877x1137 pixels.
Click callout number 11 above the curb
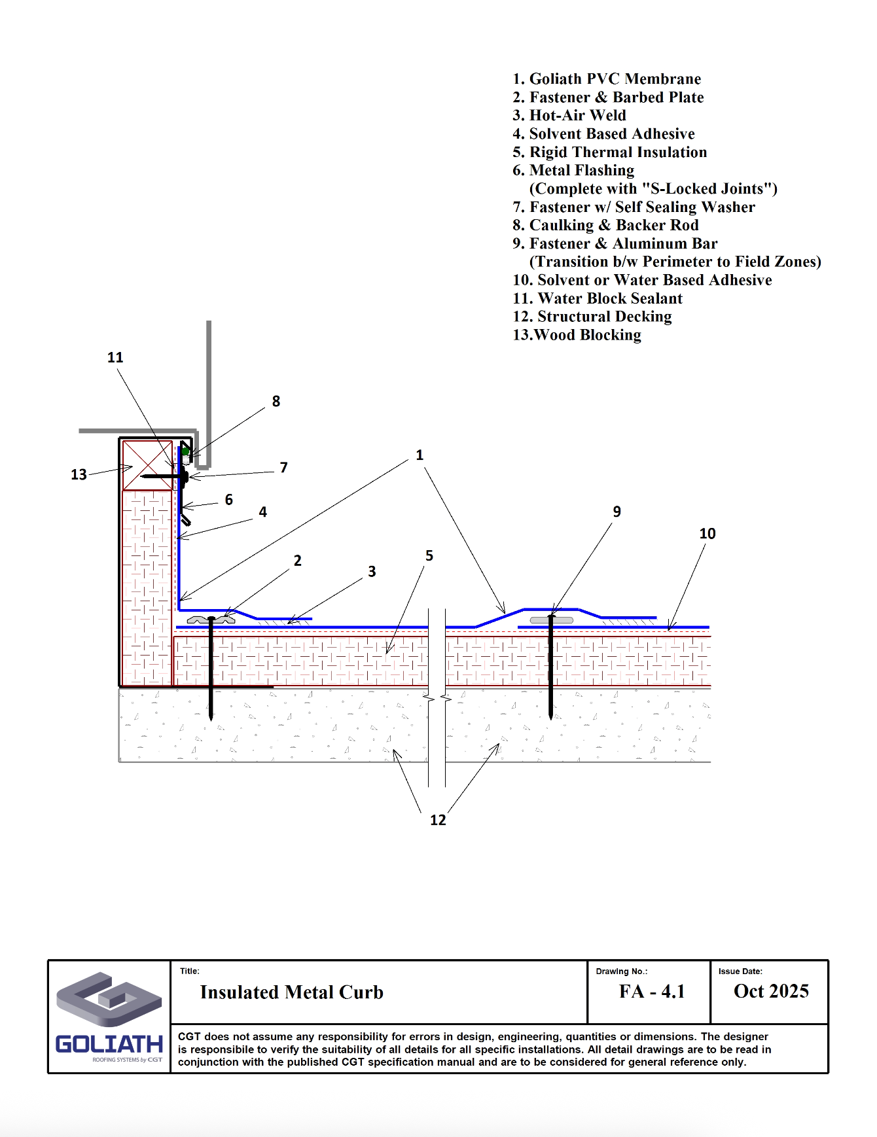click(115, 357)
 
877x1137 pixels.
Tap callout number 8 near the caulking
click(276, 401)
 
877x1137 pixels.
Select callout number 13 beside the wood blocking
click(79, 474)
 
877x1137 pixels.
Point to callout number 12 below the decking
click(438, 820)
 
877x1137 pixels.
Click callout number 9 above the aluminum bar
click(617, 512)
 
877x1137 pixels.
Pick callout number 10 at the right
click(707, 533)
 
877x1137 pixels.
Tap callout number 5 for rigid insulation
click(429, 555)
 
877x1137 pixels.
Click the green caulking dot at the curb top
click(186, 451)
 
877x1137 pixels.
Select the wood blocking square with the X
click(148, 465)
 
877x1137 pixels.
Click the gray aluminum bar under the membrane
click(552, 620)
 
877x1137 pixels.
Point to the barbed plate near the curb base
click(211, 619)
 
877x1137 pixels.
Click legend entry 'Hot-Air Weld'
click(569, 115)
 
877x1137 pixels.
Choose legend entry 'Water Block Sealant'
click(598, 298)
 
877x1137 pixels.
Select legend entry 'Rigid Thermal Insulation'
click(610, 152)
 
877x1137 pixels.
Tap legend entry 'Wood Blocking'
click(577, 335)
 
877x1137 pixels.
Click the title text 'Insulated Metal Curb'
click(291, 992)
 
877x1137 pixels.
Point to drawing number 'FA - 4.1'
click(652, 991)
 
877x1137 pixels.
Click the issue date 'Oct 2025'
click(771, 991)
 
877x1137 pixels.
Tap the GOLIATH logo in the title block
click(109, 1015)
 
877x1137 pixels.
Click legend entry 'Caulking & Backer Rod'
click(605, 225)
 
